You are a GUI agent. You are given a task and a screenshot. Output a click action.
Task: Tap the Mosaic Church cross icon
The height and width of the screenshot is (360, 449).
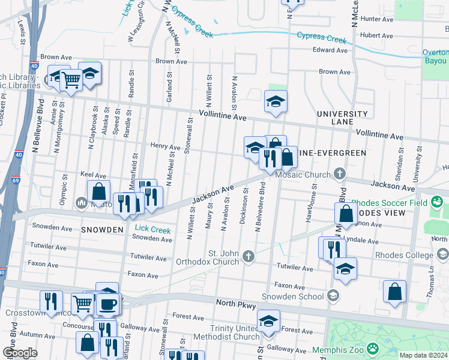click(340, 175)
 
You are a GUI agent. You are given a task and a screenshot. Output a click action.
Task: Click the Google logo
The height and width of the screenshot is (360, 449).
click(20, 353)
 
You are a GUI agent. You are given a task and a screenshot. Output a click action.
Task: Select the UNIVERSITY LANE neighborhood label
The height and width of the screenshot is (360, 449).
click(342, 118)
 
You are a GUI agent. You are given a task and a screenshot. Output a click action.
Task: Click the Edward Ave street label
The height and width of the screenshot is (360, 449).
click(330, 50)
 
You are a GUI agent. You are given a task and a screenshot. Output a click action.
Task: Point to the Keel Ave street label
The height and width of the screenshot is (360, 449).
click(92, 174)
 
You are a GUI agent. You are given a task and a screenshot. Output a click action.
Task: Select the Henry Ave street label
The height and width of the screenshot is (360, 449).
click(165, 146)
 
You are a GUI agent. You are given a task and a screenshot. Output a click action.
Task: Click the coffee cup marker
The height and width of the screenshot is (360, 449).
click(108, 304)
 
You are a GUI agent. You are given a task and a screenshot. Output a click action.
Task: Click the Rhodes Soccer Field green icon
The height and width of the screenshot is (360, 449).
click(436, 203)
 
